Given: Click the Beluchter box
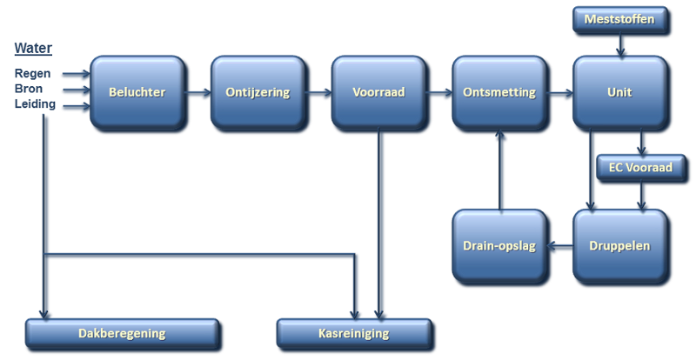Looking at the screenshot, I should [x=137, y=93].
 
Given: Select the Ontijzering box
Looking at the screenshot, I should [x=258, y=93].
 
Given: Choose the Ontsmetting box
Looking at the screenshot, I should [x=499, y=93].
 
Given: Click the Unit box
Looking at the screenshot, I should [x=619, y=93].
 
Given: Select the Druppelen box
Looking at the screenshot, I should [x=619, y=246].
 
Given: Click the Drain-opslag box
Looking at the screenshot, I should [x=499, y=246].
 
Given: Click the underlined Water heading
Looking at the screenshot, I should [x=30, y=48].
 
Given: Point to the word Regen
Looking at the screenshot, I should [x=30, y=75].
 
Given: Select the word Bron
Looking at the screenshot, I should [x=29, y=90].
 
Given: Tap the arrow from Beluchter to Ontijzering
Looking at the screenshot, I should [x=197, y=94].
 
